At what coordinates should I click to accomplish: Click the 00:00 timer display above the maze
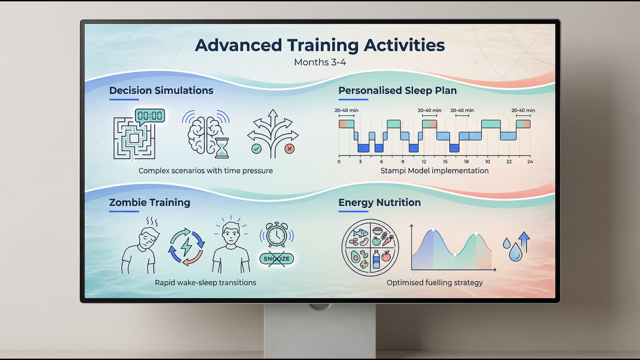150,116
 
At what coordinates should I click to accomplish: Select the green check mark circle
256,149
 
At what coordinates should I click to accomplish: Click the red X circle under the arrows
289,149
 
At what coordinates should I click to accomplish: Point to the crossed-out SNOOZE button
277,259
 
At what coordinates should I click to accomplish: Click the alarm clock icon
277,235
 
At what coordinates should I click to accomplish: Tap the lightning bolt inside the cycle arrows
186,247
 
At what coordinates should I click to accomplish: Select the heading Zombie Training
150,202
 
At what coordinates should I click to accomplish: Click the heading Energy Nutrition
380,202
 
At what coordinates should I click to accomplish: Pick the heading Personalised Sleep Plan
398,90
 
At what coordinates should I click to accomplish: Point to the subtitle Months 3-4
320,62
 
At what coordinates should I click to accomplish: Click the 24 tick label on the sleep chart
530,162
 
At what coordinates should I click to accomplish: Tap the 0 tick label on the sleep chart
339,162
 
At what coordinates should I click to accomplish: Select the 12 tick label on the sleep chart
424,162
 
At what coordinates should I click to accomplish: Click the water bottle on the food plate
376,259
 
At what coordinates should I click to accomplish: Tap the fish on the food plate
361,232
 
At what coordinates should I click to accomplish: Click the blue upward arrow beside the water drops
524,242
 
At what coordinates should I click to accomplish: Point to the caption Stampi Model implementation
435,171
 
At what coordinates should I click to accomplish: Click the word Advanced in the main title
238,45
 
